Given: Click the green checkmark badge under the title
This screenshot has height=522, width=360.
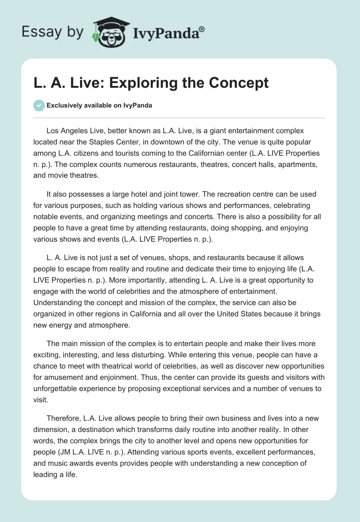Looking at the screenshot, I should click(x=39, y=105).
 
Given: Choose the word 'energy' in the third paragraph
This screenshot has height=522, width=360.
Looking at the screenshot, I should click(x=64, y=325).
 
